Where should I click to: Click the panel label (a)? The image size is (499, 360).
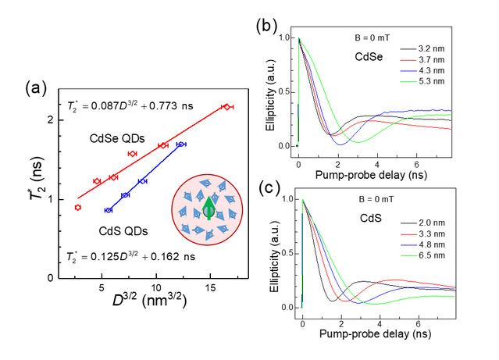[x=36, y=87]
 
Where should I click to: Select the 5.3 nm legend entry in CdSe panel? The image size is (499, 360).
[x=422, y=81]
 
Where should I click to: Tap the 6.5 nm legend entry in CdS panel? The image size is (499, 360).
[x=422, y=255]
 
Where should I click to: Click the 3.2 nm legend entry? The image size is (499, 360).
[x=422, y=48]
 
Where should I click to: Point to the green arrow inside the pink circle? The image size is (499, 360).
[x=209, y=208]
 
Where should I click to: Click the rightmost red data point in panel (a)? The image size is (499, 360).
[x=227, y=107]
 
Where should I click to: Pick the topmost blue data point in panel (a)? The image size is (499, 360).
[x=181, y=144]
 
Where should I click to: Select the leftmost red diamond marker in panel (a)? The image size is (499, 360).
[x=77, y=208]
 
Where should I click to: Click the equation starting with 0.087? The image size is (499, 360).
[x=130, y=105]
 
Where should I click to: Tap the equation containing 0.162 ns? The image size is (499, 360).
[x=130, y=257]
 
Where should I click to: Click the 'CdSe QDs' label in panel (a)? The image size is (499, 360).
[x=117, y=138]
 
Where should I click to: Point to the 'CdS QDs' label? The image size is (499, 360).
[x=123, y=231]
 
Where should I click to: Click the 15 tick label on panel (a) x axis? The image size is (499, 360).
[x=210, y=288]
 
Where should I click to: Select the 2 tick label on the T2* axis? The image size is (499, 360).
[x=51, y=120]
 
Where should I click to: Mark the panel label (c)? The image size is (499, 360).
[x=269, y=187]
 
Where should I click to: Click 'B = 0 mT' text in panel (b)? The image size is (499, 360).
[x=372, y=38]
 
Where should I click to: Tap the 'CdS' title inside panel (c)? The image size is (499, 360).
[x=371, y=218]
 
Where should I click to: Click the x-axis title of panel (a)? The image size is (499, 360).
[x=149, y=300]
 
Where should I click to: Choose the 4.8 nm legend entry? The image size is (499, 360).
[x=422, y=244]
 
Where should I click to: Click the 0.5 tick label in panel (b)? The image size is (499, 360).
[x=284, y=92]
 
